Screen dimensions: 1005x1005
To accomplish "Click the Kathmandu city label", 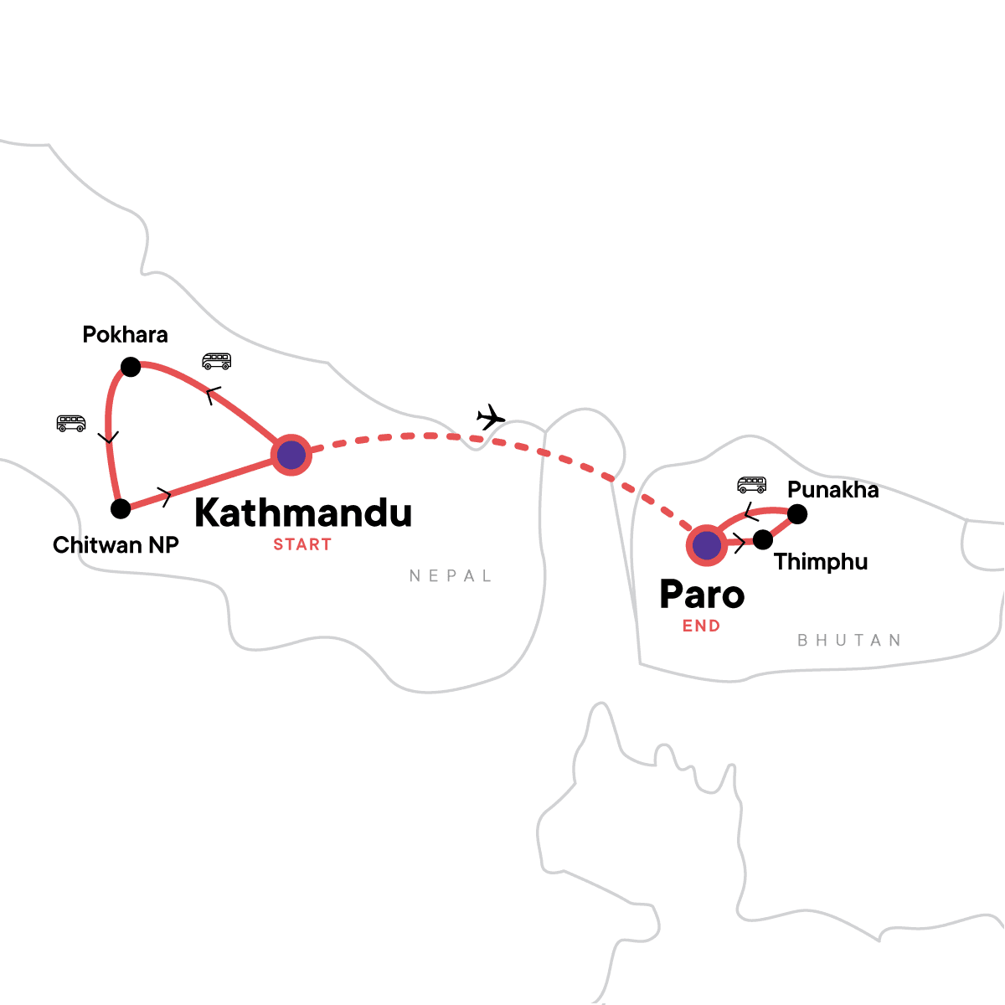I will coord(303,513).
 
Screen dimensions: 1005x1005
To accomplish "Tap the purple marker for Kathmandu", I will coord(291,456).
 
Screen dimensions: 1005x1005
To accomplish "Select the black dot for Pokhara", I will coord(131,367).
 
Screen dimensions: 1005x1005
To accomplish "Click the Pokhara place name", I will coord(125,335).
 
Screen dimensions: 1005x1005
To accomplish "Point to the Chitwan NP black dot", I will coord(121,508).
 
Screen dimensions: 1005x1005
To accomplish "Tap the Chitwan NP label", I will coord(116,545).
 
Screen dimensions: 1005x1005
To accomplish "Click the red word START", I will coord(302,544).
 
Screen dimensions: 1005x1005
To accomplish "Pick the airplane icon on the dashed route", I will coord(491,416).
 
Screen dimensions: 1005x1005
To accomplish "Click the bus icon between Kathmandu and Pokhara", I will coord(216,362).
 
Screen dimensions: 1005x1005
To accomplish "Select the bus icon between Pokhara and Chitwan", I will coord(71,423).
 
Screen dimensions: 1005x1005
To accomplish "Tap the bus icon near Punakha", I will coord(751,484).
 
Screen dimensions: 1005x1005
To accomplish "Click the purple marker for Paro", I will coord(707,546).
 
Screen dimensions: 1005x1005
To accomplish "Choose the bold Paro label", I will coord(702,595).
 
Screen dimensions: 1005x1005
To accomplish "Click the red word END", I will coord(701,626).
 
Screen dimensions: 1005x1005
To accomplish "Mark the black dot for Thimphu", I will coord(762,540).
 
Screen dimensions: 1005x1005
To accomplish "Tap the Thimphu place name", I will coord(821,562).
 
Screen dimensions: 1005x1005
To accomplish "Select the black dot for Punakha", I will coord(797,513).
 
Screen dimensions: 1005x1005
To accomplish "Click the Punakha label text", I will coord(833,490).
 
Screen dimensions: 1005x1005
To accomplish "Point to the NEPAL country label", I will coord(451,576).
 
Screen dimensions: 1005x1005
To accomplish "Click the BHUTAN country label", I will coord(849,641).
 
